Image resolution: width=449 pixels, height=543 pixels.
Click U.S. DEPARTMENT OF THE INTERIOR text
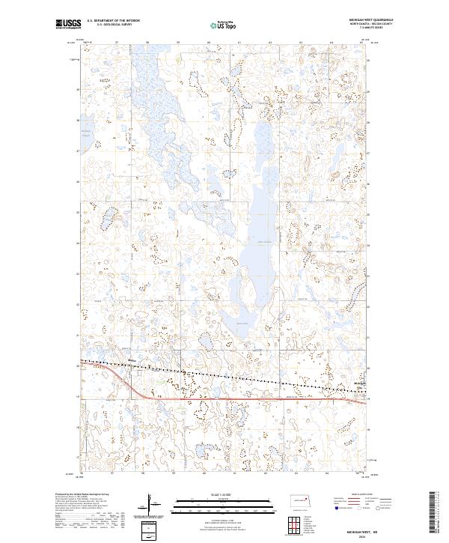click(x=113, y=21)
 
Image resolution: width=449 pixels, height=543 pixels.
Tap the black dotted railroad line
click(x=224, y=374)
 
